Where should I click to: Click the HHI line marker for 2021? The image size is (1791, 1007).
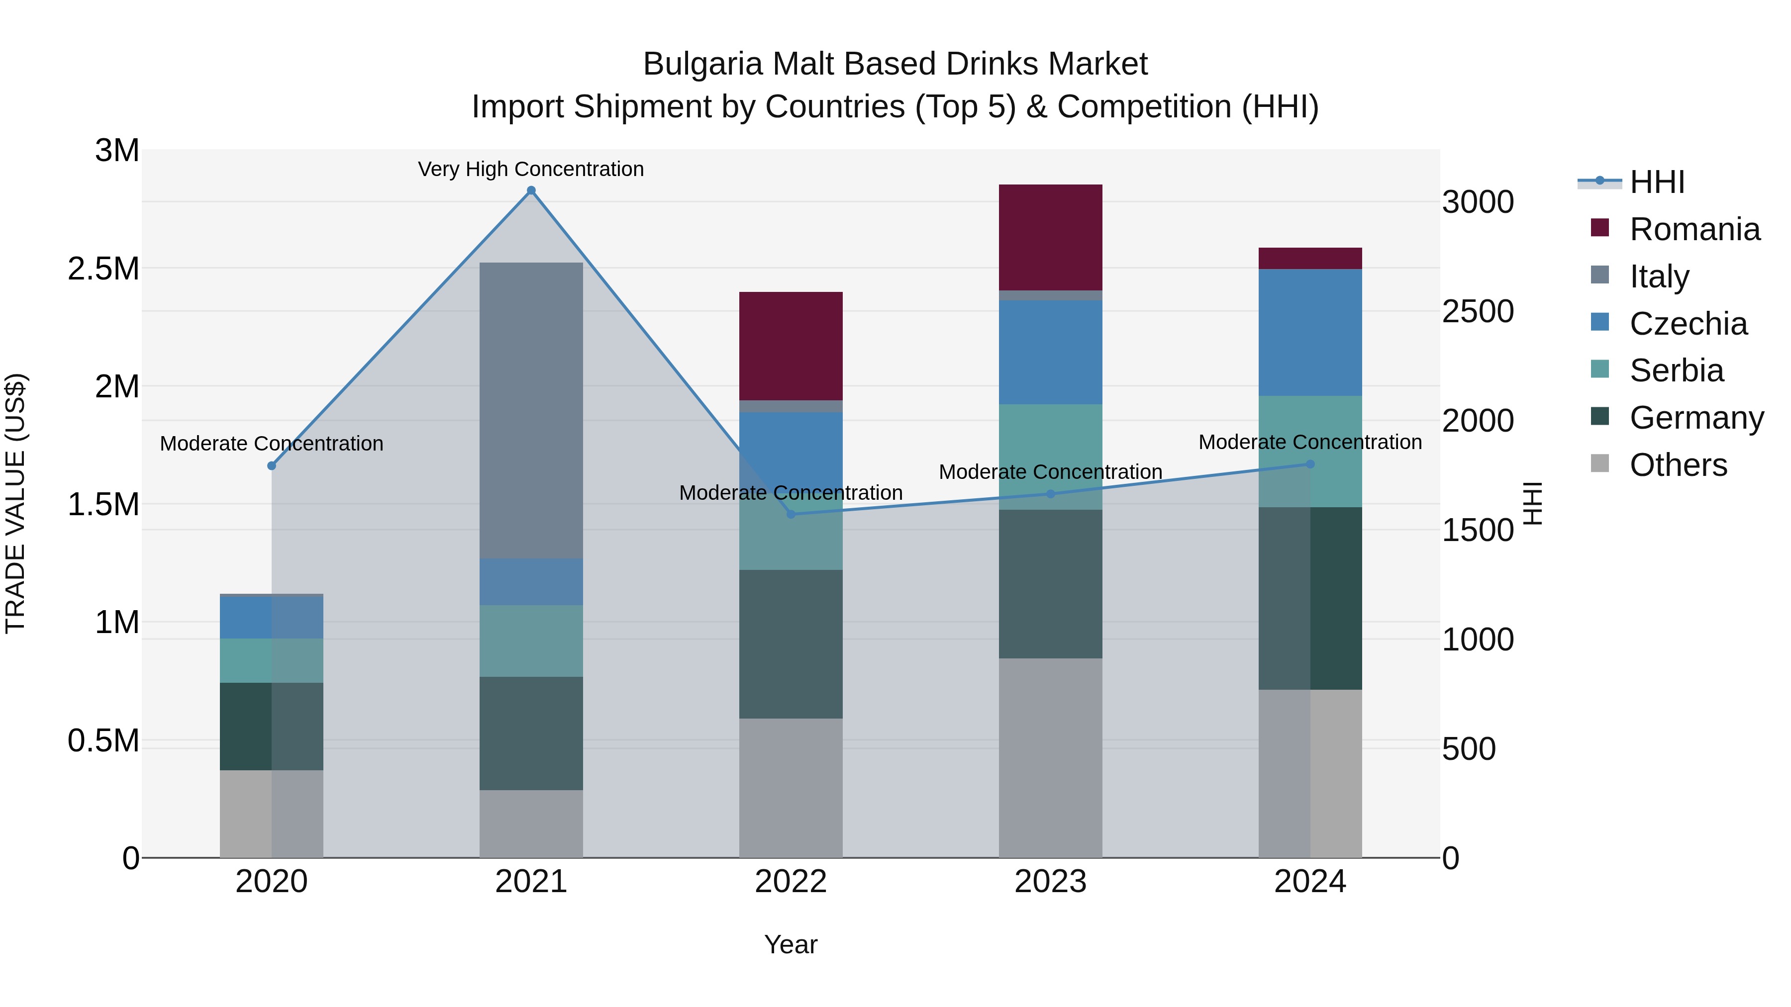[x=531, y=190]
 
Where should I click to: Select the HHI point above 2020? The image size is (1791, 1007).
[x=272, y=465]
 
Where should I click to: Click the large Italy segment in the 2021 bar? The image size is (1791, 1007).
[x=531, y=410]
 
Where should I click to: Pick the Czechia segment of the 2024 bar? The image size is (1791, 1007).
[x=1310, y=332]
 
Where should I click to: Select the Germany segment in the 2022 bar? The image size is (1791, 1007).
[x=791, y=643]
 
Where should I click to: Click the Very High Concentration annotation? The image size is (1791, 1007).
[x=531, y=170]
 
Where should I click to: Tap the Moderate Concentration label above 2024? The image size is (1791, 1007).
[x=1310, y=442]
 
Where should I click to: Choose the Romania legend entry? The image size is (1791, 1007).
[x=1694, y=229]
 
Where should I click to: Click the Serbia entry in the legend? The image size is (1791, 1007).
[x=1676, y=370]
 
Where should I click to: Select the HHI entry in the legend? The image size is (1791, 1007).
[x=1656, y=182]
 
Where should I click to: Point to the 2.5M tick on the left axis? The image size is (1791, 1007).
[x=103, y=268]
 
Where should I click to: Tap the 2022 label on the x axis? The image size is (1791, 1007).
[x=791, y=882]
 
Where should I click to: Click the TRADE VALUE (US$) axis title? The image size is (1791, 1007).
[x=15, y=503]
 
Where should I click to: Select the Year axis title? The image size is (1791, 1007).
[x=791, y=944]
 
